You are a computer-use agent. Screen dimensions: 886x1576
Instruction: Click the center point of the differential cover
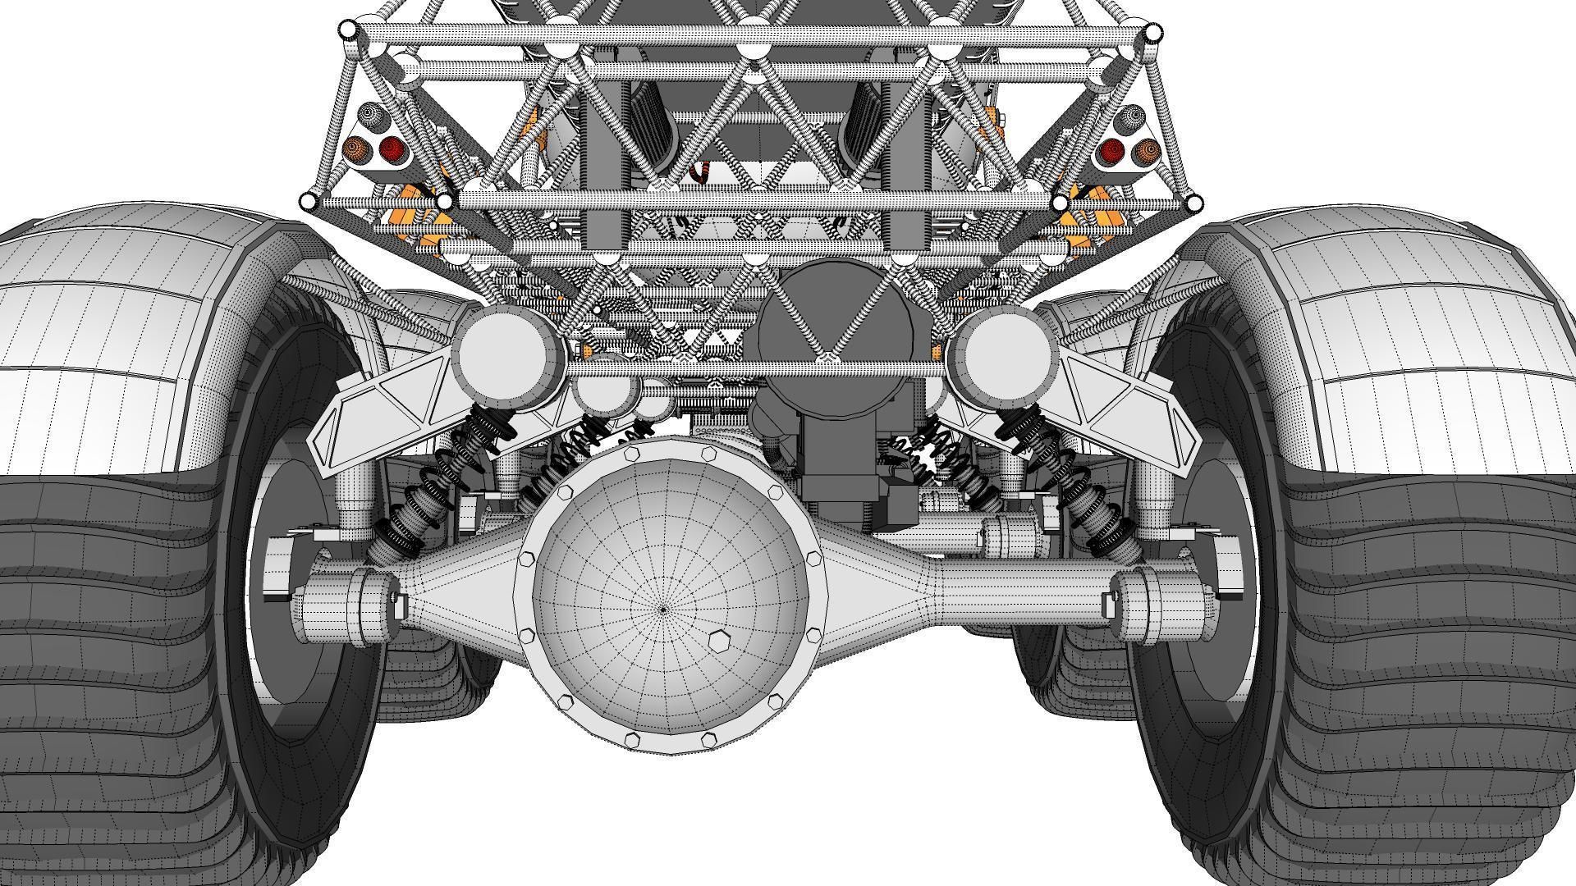(x=663, y=609)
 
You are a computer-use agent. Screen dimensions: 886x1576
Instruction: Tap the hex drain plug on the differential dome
(x=717, y=640)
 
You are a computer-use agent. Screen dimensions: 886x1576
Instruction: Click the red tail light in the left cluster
(x=392, y=149)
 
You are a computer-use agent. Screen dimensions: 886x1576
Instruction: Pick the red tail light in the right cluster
(x=1111, y=151)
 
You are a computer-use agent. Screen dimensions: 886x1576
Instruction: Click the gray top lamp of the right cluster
(x=1131, y=120)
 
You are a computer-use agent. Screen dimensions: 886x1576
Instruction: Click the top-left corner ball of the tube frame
(x=348, y=30)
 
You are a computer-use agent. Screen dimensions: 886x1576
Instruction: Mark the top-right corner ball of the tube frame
(x=1152, y=33)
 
